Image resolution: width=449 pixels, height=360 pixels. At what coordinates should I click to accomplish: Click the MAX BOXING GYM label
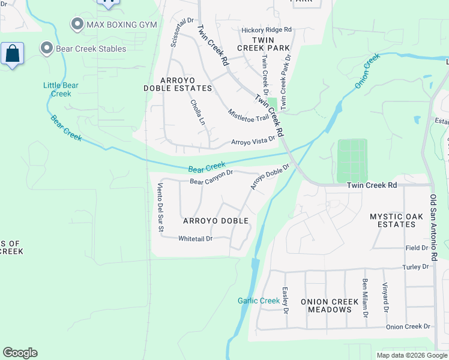(122, 25)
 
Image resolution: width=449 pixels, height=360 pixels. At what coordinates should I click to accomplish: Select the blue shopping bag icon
(12, 55)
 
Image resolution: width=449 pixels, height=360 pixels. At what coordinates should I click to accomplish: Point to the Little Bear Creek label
(61, 89)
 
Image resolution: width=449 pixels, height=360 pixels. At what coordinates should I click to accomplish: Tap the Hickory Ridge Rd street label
(266, 30)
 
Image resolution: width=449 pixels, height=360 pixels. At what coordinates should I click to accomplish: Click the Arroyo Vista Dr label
(253, 142)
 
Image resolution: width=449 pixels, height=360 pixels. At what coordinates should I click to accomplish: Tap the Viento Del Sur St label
(160, 207)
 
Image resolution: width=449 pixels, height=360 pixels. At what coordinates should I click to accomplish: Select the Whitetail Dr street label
(195, 239)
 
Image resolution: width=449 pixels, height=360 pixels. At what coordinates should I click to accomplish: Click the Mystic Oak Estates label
(393, 220)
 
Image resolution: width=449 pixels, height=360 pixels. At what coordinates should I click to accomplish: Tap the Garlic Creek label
(259, 301)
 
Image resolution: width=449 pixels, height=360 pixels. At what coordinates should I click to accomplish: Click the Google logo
(20, 353)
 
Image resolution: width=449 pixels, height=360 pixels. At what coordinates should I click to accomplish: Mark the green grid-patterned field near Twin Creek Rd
(352, 160)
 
